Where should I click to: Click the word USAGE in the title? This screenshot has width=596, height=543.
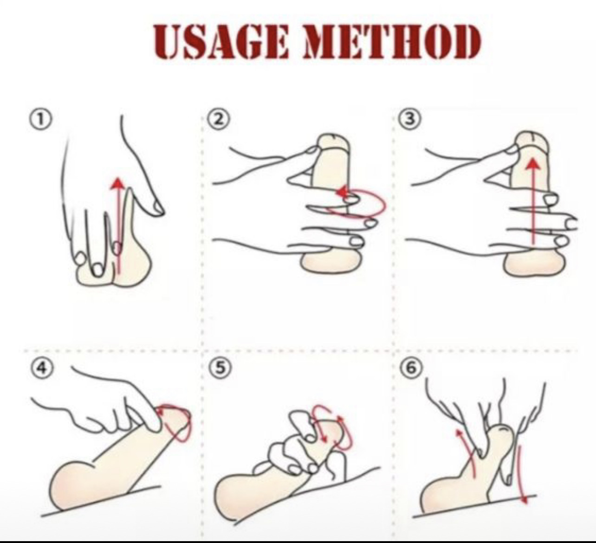point(221,42)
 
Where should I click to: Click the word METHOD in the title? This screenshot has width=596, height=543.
point(391,42)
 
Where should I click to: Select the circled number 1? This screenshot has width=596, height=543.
point(40,119)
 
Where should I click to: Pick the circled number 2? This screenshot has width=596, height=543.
point(219,119)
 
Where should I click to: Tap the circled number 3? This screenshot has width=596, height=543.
point(410,119)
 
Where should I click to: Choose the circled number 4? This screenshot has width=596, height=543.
point(42,369)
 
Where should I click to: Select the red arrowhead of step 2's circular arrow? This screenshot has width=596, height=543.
point(341,192)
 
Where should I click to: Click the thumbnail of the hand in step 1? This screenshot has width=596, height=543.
point(157,208)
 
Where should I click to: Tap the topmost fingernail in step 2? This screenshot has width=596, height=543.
point(312,150)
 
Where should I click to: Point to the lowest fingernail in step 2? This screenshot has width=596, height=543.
point(356,241)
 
